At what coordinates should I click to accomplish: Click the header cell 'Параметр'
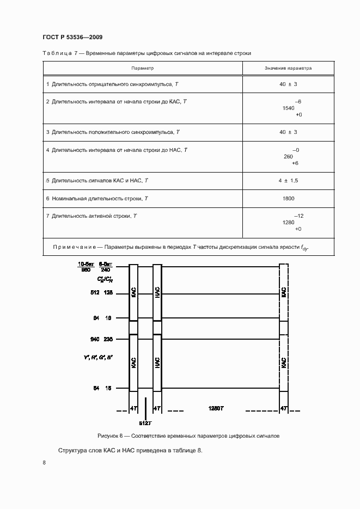pyautogui.click(x=143, y=69)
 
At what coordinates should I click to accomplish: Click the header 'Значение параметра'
pyautogui.click(x=288, y=69)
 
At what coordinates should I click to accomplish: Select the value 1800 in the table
pyautogui.click(x=289, y=199)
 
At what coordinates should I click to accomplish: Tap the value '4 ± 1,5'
pyautogui.click(x=289, y=180)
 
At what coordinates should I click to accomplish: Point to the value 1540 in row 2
pyautogui.click(x=289, y=108)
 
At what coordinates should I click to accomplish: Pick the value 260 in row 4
pyautogui.click(x=289, y=156)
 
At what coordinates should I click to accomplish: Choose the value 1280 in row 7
pyautogui.click(x=289, y=223)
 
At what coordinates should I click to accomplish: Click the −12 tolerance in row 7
pyautogui.click(x=298, y=216)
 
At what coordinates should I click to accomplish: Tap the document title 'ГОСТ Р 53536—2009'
pyautogui.click(x=72, y=38)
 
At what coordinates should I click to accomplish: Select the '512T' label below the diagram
pyautogui.click(x=145, y=423)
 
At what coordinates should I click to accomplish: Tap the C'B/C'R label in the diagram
pyautogui.click(x=105, y=279)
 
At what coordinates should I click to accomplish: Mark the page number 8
pyautogui.click(x=44, y=463)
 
